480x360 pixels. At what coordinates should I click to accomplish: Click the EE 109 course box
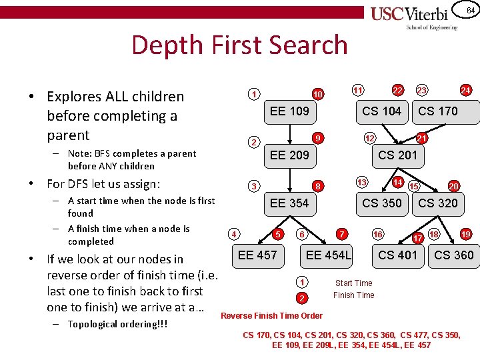[x=289, y=111]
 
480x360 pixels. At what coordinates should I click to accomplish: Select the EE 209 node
[x=289, y=155]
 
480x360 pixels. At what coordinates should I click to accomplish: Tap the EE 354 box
[x=289, y=203]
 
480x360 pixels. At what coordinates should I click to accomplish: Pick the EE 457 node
[x=257, y=254]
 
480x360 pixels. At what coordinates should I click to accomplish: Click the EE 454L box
[x=328, y=255]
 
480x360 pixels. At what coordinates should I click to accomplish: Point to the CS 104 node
[x=381, y=111]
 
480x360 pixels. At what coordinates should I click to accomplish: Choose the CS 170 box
[x=438, y=111]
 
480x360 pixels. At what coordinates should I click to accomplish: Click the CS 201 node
[x=397, y=155]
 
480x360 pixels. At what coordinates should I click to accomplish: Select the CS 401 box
[x=397, y=255]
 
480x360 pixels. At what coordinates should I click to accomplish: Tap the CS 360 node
[x=454, y=255]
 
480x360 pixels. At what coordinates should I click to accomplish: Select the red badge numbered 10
[x=319, y=95]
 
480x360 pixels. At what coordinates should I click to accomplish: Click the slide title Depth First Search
[x=239, y=45]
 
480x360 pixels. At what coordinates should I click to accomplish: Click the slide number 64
[x=470, y=10]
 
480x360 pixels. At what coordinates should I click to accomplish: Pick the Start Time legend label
[x=353, y=283]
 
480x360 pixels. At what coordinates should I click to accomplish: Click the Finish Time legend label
[x=353, y=295]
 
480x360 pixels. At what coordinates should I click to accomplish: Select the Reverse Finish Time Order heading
[x=271, y=315]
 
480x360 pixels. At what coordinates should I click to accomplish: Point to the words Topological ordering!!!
[x=117, y=324]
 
